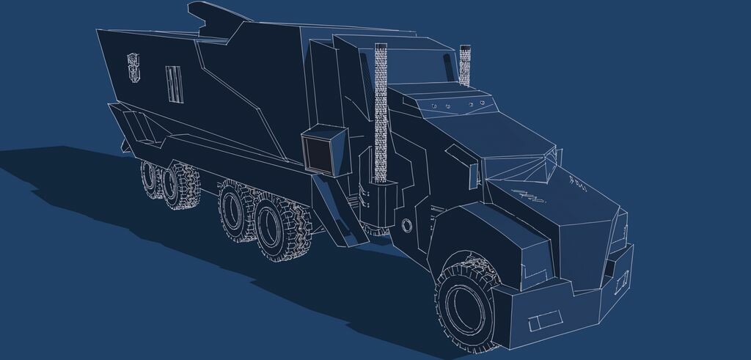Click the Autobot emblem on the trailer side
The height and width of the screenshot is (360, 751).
(133, 67)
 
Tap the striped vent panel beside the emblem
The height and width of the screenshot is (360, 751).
(173, 84)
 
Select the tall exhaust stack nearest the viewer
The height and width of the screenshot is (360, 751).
(381, 110)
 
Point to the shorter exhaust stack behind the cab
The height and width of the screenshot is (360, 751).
(464, 65)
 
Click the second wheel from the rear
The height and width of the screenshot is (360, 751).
(180, 187)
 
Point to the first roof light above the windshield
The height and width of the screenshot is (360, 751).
(433, 106)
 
